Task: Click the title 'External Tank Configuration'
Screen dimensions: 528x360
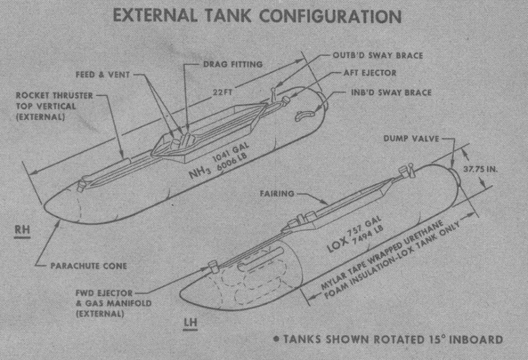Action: [x=257, y=16]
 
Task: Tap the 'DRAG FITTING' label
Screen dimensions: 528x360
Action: [x=233, y=64]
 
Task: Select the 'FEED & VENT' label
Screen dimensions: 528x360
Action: [x=103, y=74]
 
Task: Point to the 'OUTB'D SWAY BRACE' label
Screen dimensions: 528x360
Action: [x=378, y=55]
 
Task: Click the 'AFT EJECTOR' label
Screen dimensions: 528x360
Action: [x=370, y=73]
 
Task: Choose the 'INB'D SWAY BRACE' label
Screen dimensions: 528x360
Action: [x=391, y=92]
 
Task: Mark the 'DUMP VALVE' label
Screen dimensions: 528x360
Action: [x=411, y=138]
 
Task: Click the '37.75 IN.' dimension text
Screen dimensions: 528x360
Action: [x=480, y=169]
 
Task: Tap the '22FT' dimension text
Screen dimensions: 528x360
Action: [x=223, y=92]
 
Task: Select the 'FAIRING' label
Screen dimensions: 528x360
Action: [x=277, y=193]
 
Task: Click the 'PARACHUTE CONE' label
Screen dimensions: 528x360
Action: [x=89, y=266]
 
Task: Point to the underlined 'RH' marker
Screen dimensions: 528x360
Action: [x=22, y=231]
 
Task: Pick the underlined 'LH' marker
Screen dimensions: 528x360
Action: [x=190, y=323]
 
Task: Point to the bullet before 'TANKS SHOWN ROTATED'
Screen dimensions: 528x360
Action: [x=276, y=339]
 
